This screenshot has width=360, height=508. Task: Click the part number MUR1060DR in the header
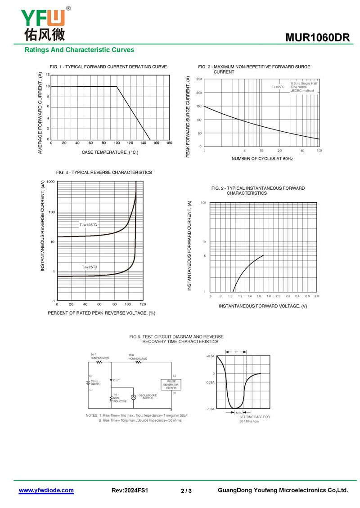tap(317, 38)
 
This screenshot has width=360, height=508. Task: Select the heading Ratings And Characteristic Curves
tap(79, 50)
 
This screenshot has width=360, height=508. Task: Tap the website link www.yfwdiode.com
tap(46, 490)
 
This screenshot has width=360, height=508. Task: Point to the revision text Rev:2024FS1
tap(130, 490)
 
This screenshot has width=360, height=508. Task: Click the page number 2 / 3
tap(186, 491)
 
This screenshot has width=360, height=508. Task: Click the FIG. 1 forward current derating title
tap(108, 67)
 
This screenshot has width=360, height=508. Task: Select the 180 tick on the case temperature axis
tap(169, 143)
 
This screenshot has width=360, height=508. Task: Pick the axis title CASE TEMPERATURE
tap(110, 152)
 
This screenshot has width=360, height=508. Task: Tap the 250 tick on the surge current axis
tap(199, 80)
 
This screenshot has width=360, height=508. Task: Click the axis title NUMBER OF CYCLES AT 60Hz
tap(262, 159)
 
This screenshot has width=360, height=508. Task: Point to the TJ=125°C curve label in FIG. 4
tap(89, 224)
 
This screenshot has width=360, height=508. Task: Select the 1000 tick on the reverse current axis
tap(50, 182)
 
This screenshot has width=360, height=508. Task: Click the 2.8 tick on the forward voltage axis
tap(317, 296)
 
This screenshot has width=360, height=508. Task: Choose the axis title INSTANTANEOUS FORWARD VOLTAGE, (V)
tap(263, 306)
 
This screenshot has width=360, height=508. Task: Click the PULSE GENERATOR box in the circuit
tap(171, 384)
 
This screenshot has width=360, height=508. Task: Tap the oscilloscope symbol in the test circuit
tap(133, 397)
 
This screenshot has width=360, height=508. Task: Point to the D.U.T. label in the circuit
tap(117, 380)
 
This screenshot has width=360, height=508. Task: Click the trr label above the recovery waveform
tap(236, 352)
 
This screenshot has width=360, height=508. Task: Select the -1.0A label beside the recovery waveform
tap(210, 409)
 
